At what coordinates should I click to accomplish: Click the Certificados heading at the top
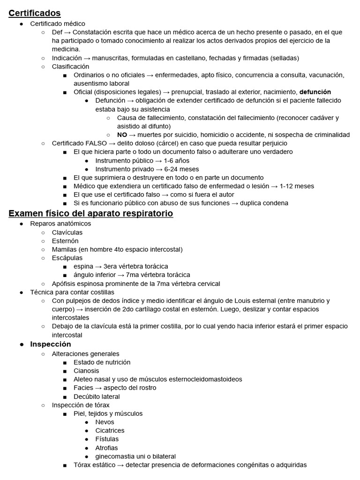click(x=35, y=13)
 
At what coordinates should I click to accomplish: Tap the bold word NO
click(x=122, y=135)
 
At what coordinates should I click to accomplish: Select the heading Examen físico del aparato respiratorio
click(x=91, y=214)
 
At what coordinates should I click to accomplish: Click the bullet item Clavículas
click(x=67, y=232)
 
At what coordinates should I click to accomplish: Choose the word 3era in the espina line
click(x=112, y=266)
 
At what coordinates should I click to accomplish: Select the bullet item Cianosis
click(x=86, y=371)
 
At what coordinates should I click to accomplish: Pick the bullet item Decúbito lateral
click(x=97, y=396)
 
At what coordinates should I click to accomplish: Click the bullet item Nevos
click(x=105, y=422)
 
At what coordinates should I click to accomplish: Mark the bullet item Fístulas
click(x=107, y=439)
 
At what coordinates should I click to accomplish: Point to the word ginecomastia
click(x=115, y=456)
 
